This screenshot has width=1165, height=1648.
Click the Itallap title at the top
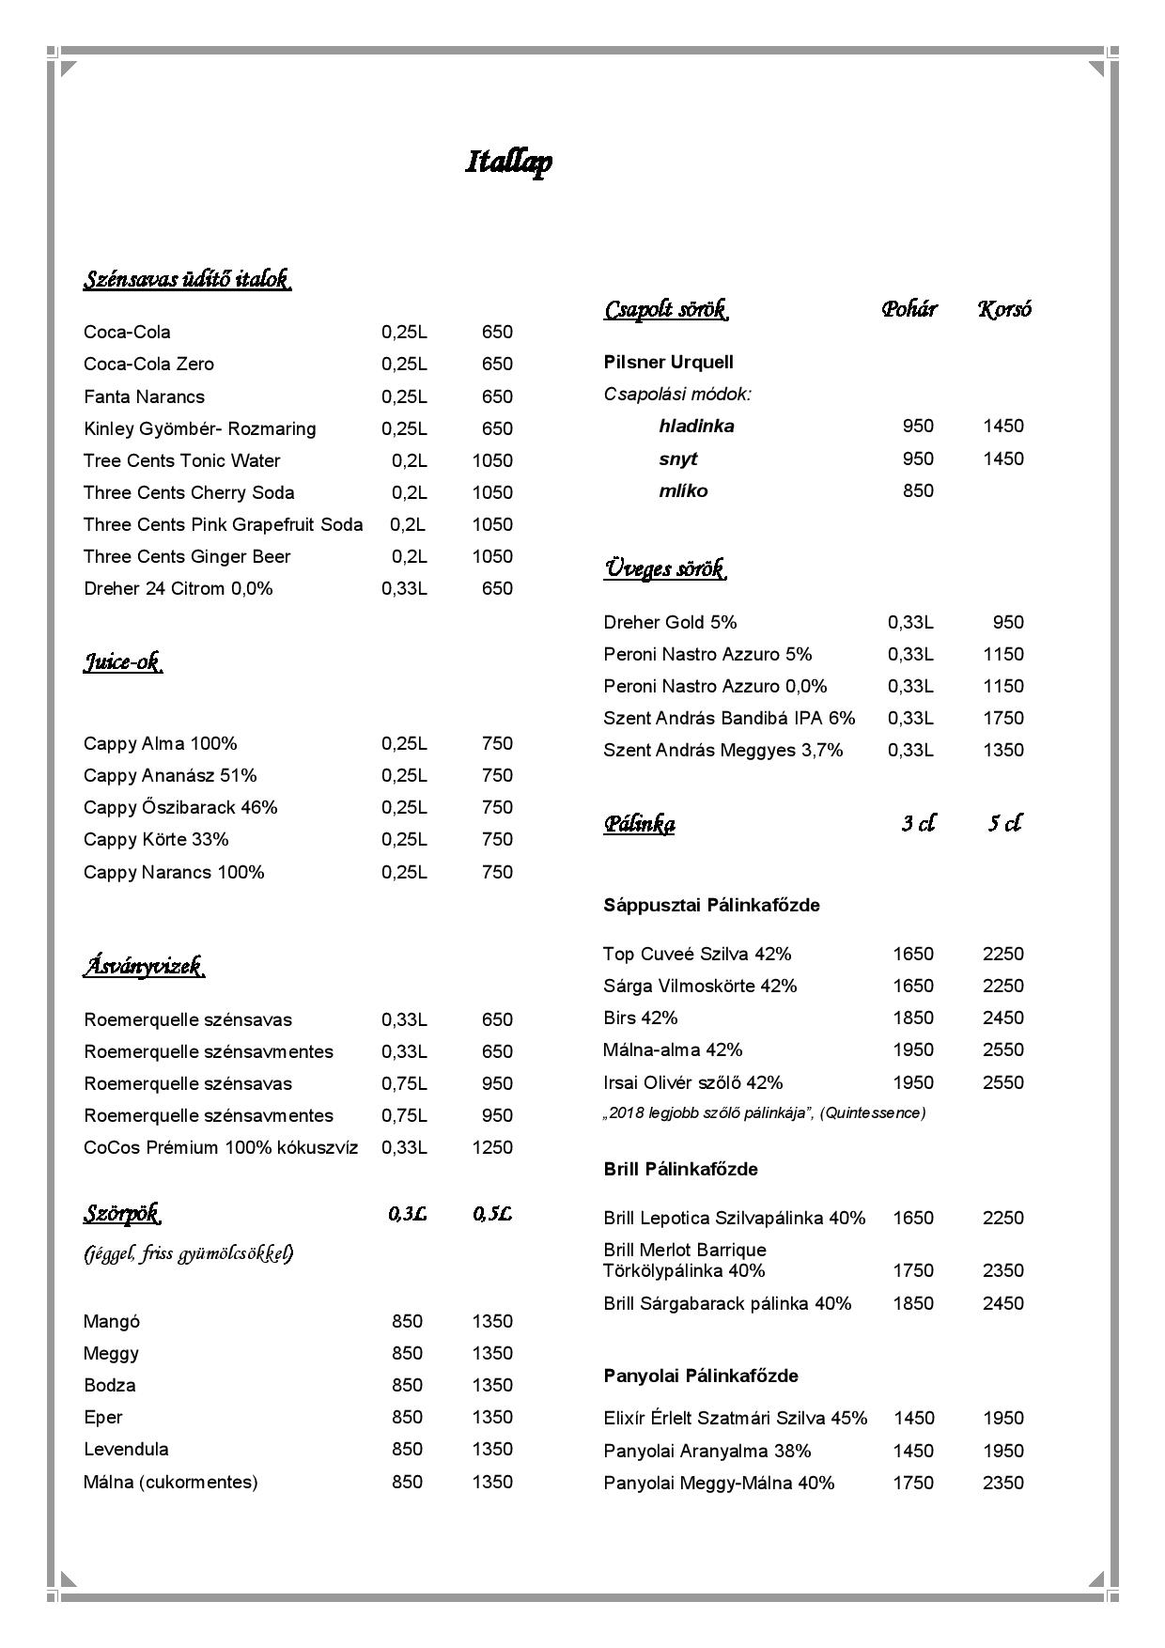pos(508,162)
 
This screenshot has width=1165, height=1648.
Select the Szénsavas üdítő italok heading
pos(186,279)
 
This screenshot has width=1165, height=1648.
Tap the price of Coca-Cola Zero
pos(497,365)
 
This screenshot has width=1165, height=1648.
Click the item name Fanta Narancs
pos(144,396)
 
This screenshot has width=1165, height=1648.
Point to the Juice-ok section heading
pos(122,662)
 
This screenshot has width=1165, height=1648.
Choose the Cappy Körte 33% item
pos(156,839)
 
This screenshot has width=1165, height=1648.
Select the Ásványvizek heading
pos(144,966)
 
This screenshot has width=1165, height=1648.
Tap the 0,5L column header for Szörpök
pos(491,1214)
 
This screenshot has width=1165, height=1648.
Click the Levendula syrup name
pos(126,1449)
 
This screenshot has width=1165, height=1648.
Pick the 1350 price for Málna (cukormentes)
pos(491,1482)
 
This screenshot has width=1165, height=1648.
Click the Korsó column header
pos(1004,309)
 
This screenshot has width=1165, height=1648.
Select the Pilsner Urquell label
pos(668,363)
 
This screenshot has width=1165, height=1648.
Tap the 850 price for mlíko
pos(918,490)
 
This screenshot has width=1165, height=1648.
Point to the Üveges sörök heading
pos(664,568)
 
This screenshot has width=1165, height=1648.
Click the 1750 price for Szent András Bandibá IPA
pos(1002,718)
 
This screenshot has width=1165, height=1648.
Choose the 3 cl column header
pos(918,824)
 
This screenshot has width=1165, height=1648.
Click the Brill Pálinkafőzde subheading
pos(680,1169)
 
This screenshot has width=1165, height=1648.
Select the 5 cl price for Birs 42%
pos(1002,1018)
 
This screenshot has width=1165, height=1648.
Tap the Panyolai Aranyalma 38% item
pos(707,1451)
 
